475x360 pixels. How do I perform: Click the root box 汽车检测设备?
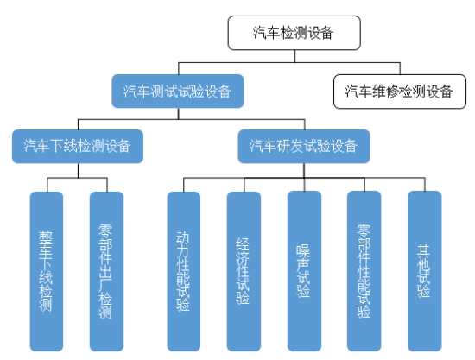(294, 33)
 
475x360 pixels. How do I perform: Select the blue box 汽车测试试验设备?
(178, 92)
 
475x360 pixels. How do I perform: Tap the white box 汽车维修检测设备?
(400, 92)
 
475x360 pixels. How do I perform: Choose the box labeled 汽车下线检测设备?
(78, 146)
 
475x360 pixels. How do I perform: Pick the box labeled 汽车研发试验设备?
(304, 146)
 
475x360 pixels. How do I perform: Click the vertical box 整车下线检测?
(47, 271)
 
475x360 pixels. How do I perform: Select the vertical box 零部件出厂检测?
(106, 271)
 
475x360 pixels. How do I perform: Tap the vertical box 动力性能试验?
(184, 271)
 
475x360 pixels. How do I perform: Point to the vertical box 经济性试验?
(244, 271)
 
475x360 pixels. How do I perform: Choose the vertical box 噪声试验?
(304, 271)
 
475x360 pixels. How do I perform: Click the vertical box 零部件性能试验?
(364, 271)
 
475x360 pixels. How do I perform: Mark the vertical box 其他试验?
(424, 271)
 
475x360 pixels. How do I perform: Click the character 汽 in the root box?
(259, 33)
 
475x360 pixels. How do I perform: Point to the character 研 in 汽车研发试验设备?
(283, 146)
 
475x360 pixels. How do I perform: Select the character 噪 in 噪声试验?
(303, 250)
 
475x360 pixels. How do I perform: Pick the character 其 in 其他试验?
(424, 250)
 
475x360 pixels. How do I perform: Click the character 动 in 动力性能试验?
(183, 237)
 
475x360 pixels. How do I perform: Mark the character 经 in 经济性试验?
(244, 244)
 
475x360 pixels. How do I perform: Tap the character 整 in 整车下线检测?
(46, 237)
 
